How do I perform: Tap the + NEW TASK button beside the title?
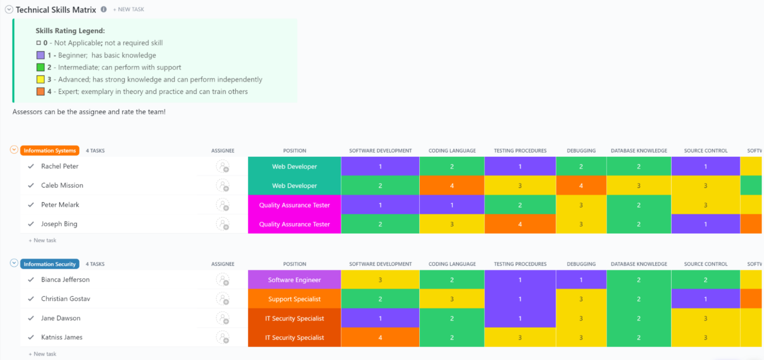(x=128, y=9)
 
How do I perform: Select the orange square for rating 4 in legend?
(x=41, y=91)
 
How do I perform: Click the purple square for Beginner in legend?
(x=41, y=55)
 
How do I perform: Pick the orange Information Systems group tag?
(x=50, y=151)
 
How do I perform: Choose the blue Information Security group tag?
(x=50, y=264)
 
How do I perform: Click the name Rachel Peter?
(x=60, y=166)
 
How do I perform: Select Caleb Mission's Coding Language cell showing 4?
(x=452, y=185)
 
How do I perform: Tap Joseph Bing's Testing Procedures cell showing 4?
(x=520, y=224)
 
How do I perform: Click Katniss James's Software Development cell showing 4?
(x=380, y=338)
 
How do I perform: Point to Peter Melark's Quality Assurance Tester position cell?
(x=294, y=205)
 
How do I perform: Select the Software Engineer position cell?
(x=294, y=280)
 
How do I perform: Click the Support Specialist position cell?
(x=294, y=299)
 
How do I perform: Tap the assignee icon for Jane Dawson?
(x=223, y=318)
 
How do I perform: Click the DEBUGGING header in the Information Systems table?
(x=581, y=151)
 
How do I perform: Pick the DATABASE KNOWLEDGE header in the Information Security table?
(x=639, y=264)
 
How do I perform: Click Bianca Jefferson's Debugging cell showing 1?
(x=581, y=280)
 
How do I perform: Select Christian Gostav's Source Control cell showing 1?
(x=705, y=299)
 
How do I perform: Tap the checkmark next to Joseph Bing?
(x=31, y=224)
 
